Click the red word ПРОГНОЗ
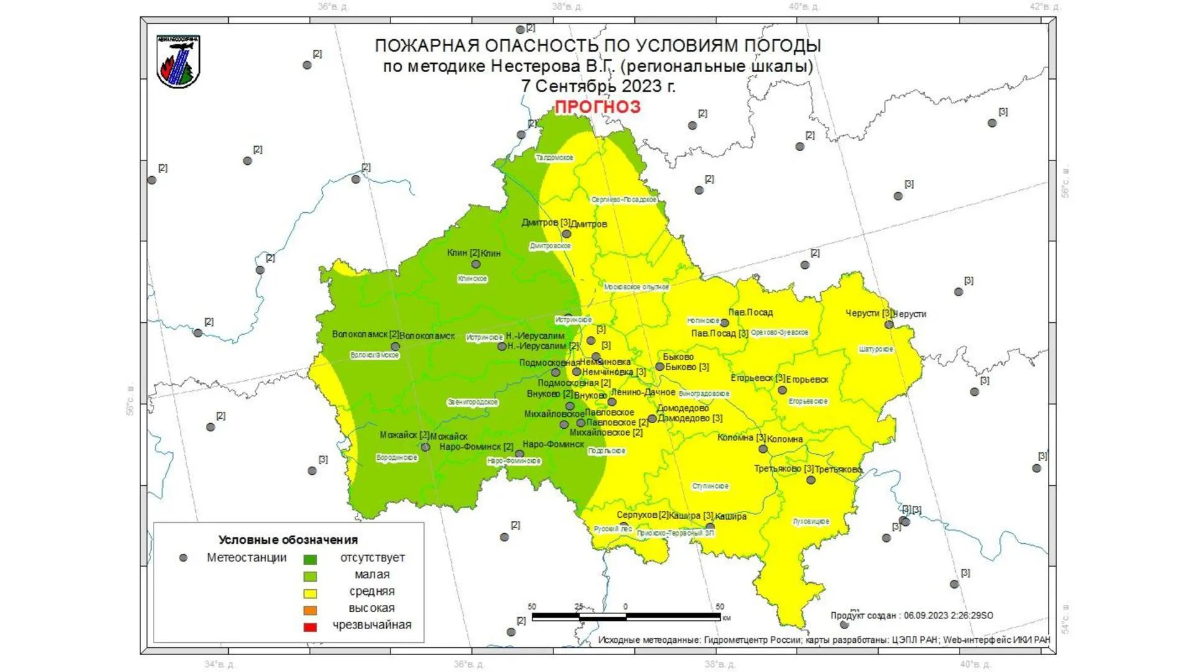point(597,107)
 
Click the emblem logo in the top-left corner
point(178,61)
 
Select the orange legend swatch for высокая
point(310,610)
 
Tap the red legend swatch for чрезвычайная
point(310,627)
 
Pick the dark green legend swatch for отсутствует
point(310,559)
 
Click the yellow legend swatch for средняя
point(310,593)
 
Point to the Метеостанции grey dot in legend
point(183,558)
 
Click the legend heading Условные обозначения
point(288,539)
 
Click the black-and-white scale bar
point(626,617)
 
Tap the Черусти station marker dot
point(889,324)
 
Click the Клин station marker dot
point(476,264)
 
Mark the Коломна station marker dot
point(763,449)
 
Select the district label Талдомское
point(554,158)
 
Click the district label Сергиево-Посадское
point(623,200)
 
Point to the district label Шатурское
point(876,350)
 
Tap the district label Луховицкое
point(810,521)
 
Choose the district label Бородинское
point(397,458)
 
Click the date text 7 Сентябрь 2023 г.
point(598,86)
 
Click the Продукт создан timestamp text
point(911,615)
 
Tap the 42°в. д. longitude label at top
point(1044,7)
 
